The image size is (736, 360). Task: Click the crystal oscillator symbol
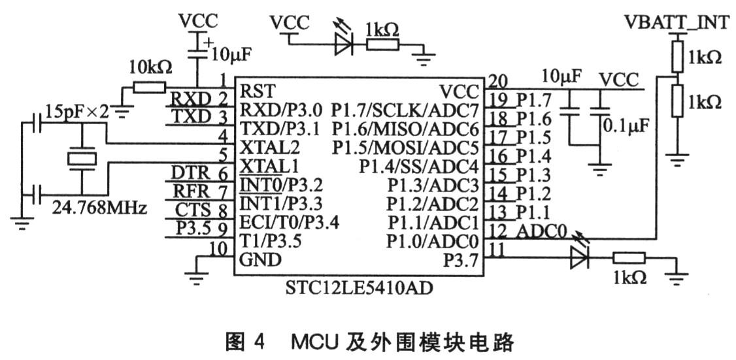pyautogui.click(x=82, y=158)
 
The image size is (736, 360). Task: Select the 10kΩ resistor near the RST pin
pyautogui.click(x=148, y=88)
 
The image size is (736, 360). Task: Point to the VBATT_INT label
pyautogui.click(x=677, y=22)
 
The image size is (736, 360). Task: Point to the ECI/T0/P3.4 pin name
pyautogui.click(x=289, y=221)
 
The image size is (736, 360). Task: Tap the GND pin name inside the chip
pyautogui.click(x=260, y=259)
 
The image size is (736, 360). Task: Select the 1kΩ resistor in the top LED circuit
pyautogui.click(x=382, y=45)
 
